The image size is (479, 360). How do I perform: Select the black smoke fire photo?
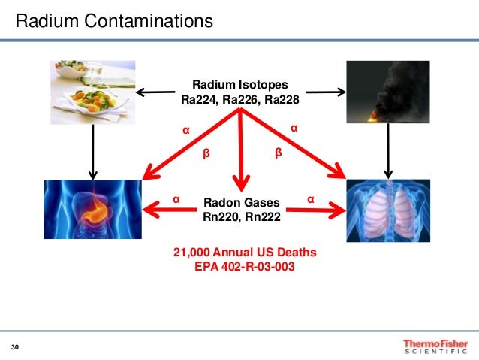point(388,92)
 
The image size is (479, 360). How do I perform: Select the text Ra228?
point(282,98)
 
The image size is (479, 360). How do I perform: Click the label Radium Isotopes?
point(239,84)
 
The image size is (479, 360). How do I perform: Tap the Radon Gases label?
point(241,203)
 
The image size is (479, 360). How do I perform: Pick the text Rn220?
point(220,217)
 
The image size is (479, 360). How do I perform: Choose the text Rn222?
point(261,217)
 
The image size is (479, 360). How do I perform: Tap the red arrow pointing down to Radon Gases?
point(240,150)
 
